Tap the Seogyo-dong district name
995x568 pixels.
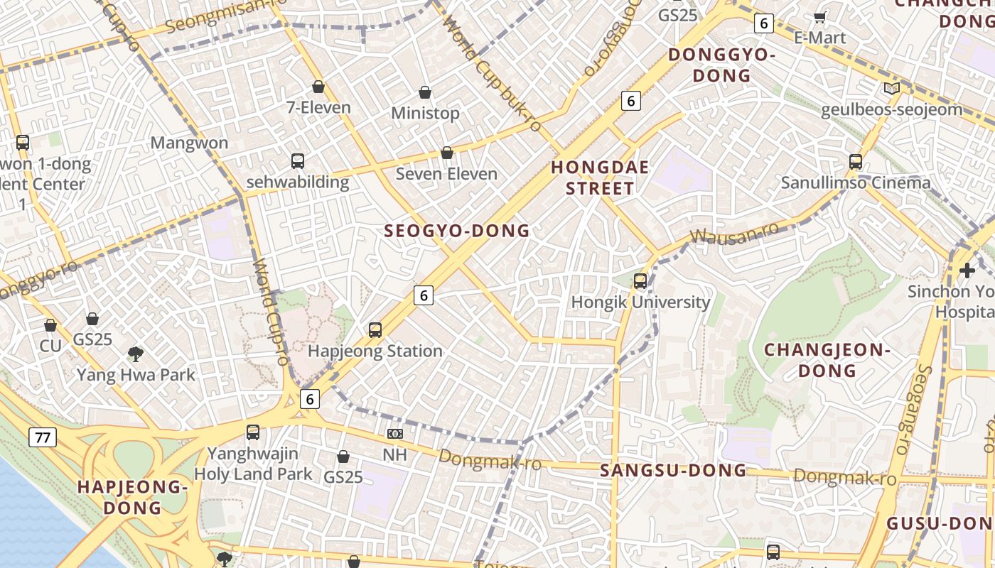click(x=457, y=231)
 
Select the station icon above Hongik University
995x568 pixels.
click(x=640, y=280)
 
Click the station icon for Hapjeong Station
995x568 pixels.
click(x=375, y=329)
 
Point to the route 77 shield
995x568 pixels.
click(x=43, y=437)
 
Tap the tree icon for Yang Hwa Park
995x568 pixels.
click(x=135, y=354)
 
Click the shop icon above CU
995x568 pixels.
click(x=50, y=325)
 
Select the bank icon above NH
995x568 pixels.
click(x=395, y=433)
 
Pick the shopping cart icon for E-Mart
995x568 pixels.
click(x=820, y=17)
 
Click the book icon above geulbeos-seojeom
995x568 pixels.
click(x=891, y=89)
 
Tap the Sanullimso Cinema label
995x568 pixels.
click(x=856, y=182)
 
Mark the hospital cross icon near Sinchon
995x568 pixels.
click(x=967, y=271)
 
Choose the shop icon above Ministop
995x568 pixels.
click(x=425, y=92)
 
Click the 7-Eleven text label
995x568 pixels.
click(x=318, y=108)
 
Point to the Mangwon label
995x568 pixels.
click(x=189, y=143)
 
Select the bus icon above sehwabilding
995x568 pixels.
click(x=298, y=161)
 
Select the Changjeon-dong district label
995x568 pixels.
click(x=827, y=360)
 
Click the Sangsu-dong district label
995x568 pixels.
click(x=673, y=470)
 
